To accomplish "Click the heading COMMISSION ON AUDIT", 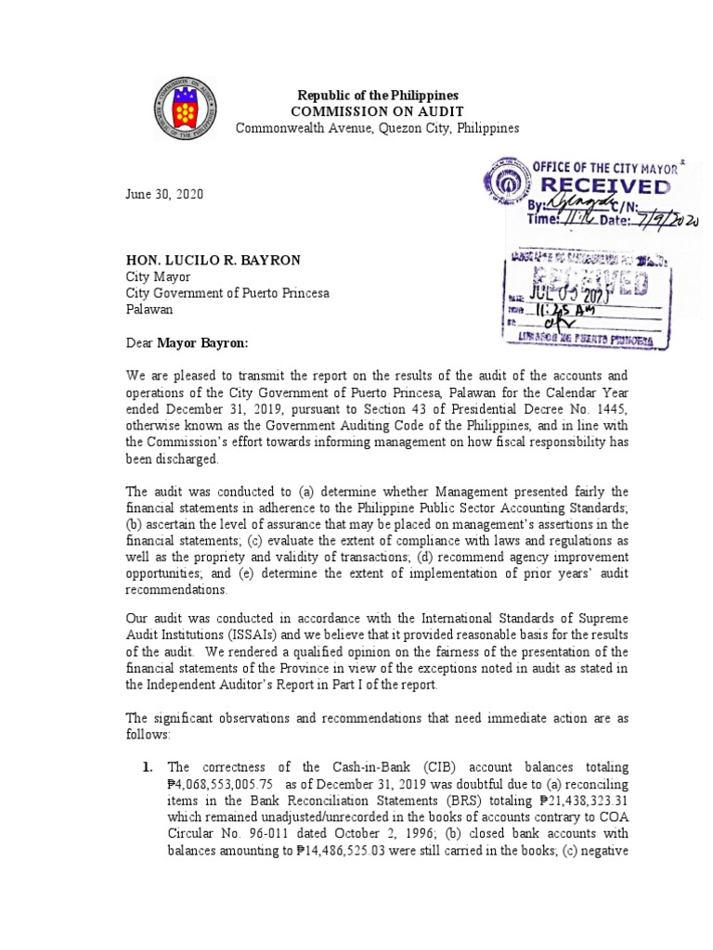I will tap(376, 111).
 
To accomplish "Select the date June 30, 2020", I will tap(163, 195).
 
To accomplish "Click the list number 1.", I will tap(147, 766).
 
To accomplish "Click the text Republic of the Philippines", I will tap(377, 96).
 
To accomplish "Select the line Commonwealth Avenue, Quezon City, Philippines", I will tap(377, 128).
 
